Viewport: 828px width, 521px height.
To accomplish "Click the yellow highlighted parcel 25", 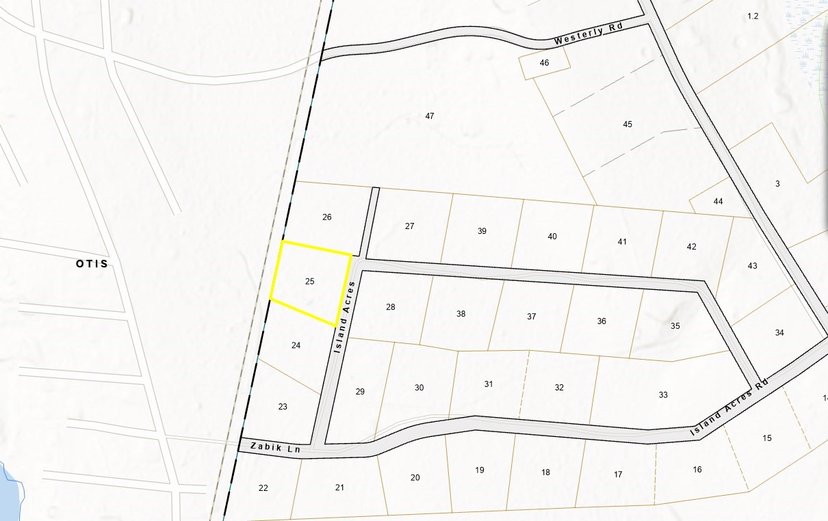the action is [x=310, y=281].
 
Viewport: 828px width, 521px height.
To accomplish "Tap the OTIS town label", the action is [x=92, y=264].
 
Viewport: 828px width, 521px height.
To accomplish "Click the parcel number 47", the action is [x=430, y=116].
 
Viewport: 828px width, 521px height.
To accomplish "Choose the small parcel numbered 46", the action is [x=545, y=63].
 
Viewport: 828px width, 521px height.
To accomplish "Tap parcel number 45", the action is [x=628, y=124].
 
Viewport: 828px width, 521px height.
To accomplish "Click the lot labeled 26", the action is [x=327, y=217].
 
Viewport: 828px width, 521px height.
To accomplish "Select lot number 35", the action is [x=675, y=325].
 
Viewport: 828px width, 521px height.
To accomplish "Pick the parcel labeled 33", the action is [x=663, y=395].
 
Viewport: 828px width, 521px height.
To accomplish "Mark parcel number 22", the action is [x=263, y=487].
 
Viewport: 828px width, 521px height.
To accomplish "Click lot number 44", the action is [x=718, y=201].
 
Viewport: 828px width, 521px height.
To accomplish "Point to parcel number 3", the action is [x=777, y=183].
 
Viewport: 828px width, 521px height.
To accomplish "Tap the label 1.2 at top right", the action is [x=753, y=16].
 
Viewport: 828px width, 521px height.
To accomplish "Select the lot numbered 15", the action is [x=766, y=438].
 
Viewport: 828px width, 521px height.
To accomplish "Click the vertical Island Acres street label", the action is [x=342, y=319].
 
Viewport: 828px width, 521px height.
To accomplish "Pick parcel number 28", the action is [x=391, y=307].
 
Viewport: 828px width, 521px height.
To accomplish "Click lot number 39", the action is [x=482, y=231].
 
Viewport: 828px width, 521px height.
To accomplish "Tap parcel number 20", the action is [x=415, y=477].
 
